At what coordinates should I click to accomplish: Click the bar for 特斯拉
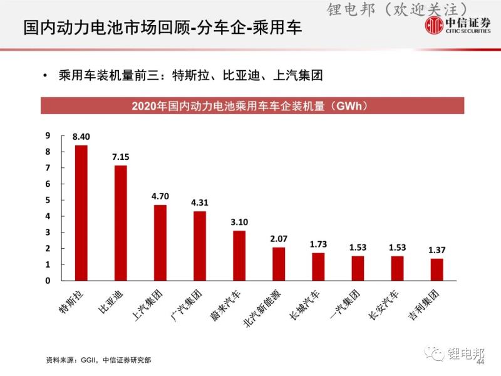click(x=81, y=213)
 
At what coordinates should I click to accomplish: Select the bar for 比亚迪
click(x=120, y=223)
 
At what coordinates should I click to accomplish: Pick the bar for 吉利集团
click(x=437, y=269)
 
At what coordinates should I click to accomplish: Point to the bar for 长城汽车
click(x=318, y=266)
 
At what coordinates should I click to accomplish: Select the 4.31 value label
click(x=200, y=203)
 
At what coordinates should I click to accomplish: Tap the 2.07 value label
click(x=279, y=239)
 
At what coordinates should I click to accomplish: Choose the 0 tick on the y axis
click(x=47, y=281)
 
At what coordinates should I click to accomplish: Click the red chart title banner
click(x=252, y=106)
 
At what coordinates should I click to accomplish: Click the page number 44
click(x=481, y=363)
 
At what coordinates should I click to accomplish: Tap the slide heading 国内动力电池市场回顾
click(x=103, y=28)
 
